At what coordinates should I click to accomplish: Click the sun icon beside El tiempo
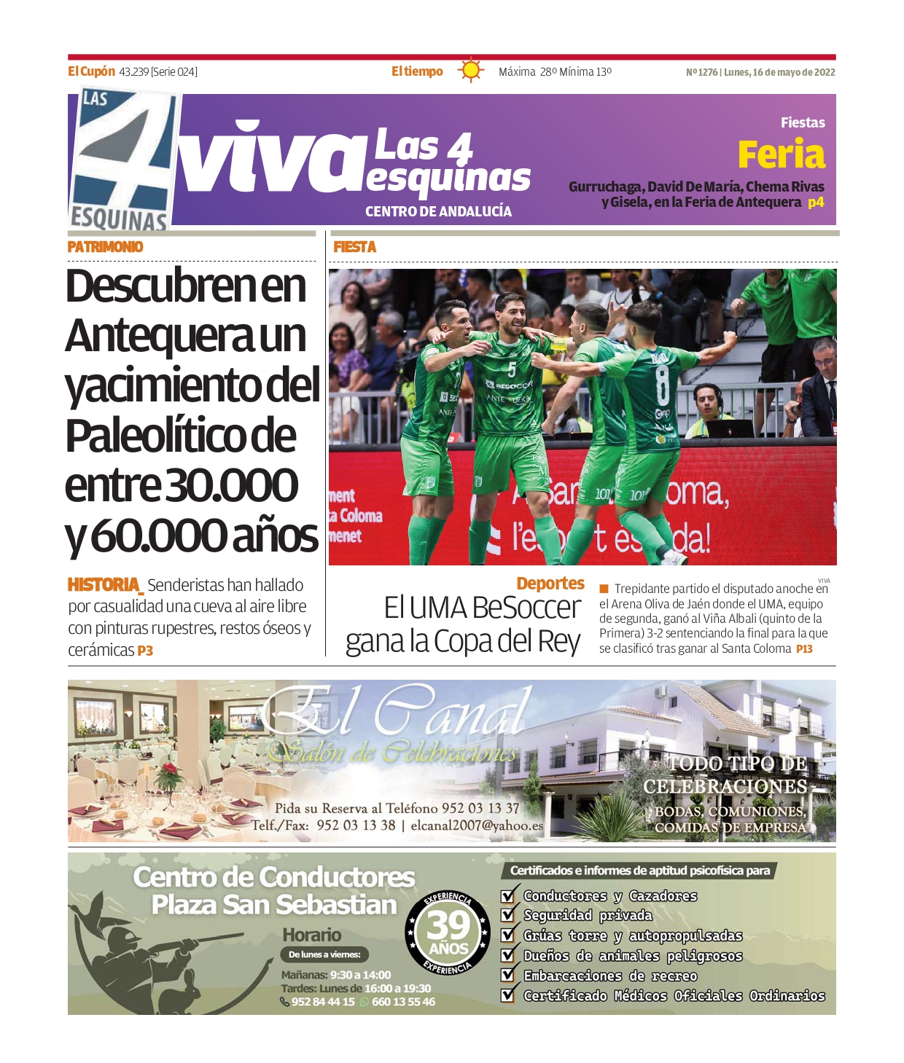click(471, 71)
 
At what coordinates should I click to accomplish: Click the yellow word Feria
click(781, 154)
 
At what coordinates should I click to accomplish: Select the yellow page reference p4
click(816, 203)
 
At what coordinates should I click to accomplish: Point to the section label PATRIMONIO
click(105, 247)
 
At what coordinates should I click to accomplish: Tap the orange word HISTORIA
click(104, 585)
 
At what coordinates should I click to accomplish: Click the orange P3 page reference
click(145, 651)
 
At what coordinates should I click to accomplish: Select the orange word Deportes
click(550, 584)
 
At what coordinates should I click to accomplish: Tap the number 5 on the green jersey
click(512, 369)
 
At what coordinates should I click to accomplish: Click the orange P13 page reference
click(804, 648)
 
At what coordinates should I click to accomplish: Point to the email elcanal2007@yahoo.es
click(477, 826)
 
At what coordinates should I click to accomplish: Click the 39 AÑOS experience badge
click(448, 932)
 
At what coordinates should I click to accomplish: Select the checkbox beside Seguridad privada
click(509, 915)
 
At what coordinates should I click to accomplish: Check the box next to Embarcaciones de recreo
click(509, 976)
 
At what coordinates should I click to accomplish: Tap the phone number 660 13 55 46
click(403, 1002)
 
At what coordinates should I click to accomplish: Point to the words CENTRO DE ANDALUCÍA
click(438, 211)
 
